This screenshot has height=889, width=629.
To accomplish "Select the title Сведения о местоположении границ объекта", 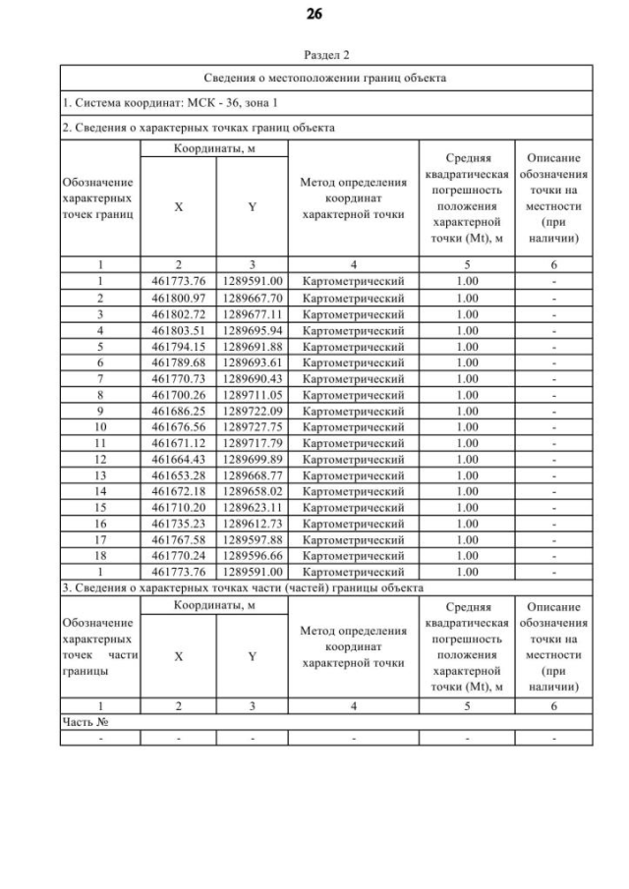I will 325,78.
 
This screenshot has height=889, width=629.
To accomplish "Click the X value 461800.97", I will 178,298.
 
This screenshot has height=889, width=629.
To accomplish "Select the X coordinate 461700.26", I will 178,394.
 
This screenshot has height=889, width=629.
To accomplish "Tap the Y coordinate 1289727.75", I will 252,426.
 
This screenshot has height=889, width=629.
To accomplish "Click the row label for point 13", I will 99,474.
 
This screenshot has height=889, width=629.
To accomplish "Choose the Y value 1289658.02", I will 252,490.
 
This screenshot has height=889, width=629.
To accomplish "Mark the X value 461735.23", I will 178,523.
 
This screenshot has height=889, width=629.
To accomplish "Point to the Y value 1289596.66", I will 252,555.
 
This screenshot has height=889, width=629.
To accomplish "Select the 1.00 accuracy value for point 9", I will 467,411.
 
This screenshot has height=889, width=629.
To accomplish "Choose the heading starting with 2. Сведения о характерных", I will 198,128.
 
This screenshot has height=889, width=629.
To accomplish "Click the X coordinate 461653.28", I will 178,474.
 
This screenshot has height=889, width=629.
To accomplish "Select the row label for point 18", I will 99,555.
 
